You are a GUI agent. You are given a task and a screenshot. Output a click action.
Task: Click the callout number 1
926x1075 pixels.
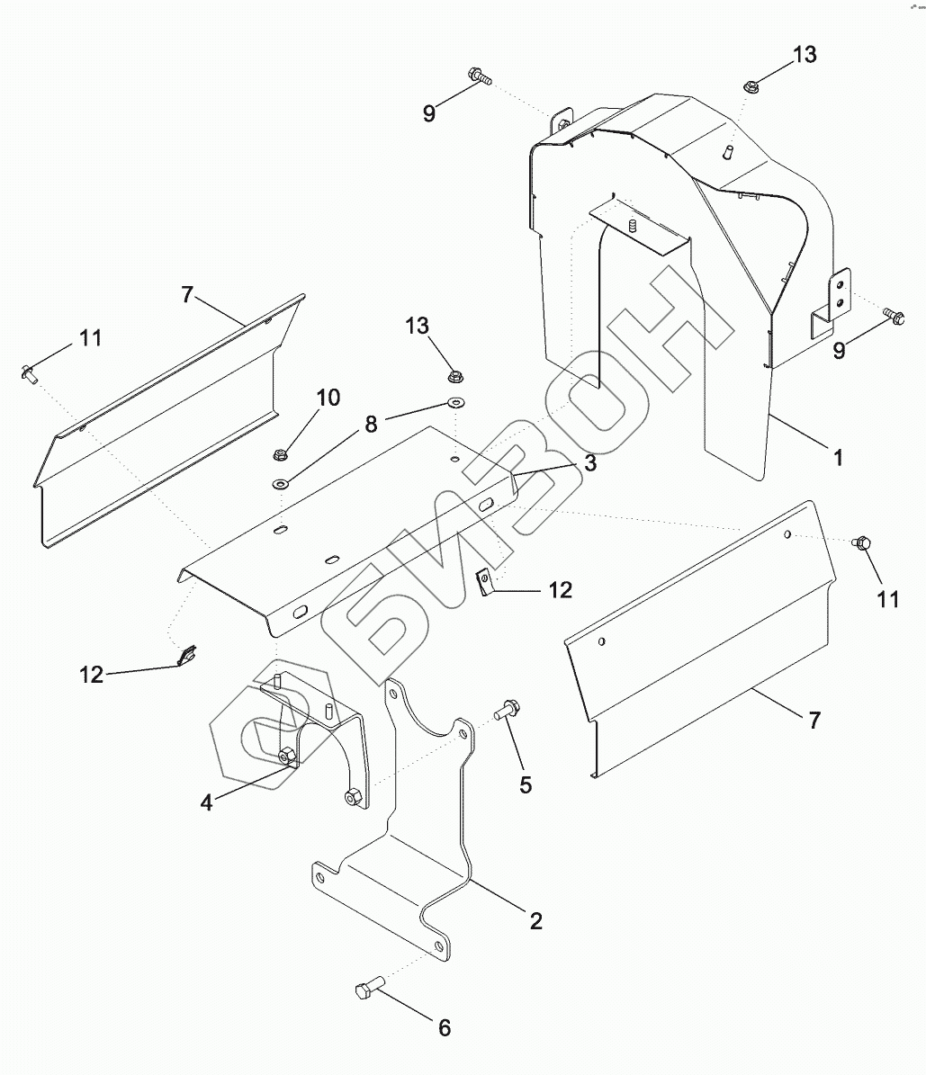coord(838,458)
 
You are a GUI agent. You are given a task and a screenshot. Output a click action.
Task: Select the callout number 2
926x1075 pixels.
coord(536,920)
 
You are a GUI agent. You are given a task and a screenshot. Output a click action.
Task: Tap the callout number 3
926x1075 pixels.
coord(590,462)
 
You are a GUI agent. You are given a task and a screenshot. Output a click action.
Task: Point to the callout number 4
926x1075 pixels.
coord(207,802)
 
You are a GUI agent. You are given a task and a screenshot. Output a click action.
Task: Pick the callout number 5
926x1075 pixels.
coord(526,784)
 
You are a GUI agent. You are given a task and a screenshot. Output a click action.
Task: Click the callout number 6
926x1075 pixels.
coord(444,1027)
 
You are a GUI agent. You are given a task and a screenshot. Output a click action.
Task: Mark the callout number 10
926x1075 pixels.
coord(328,397)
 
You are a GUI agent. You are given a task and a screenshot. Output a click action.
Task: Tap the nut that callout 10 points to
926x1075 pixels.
coord(279,453)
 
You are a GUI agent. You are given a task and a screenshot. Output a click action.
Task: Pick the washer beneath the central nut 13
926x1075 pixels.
coord(457,402)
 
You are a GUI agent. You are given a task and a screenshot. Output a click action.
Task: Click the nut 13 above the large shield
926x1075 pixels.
coord(751,87)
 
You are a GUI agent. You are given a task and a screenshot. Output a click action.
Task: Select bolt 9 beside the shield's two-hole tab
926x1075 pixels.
coord(894,316)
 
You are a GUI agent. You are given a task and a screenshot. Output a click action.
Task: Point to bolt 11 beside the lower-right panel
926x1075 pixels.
coord(861,542)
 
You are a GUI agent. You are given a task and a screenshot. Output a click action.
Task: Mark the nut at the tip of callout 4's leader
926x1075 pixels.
coord(286,756)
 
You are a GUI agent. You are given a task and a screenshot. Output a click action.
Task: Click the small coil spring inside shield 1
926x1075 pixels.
coord(633,223)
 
